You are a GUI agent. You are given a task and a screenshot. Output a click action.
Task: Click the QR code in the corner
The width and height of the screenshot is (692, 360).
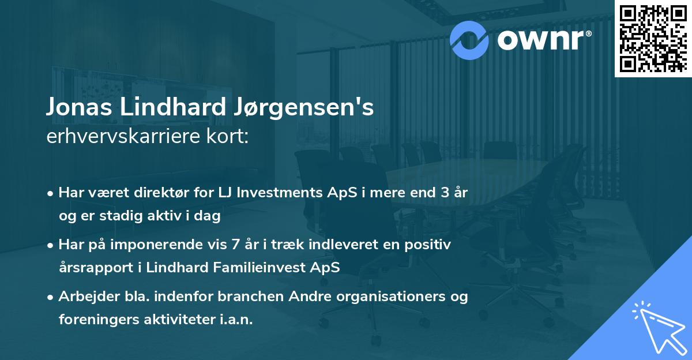(653, 38)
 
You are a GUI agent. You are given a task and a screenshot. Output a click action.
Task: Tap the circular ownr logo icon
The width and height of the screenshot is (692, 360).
(469, 40)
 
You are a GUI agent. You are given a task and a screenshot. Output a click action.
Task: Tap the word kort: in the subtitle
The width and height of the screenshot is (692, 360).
(230, 137)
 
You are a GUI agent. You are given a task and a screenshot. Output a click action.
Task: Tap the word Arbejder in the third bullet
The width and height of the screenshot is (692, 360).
(85, 297)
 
